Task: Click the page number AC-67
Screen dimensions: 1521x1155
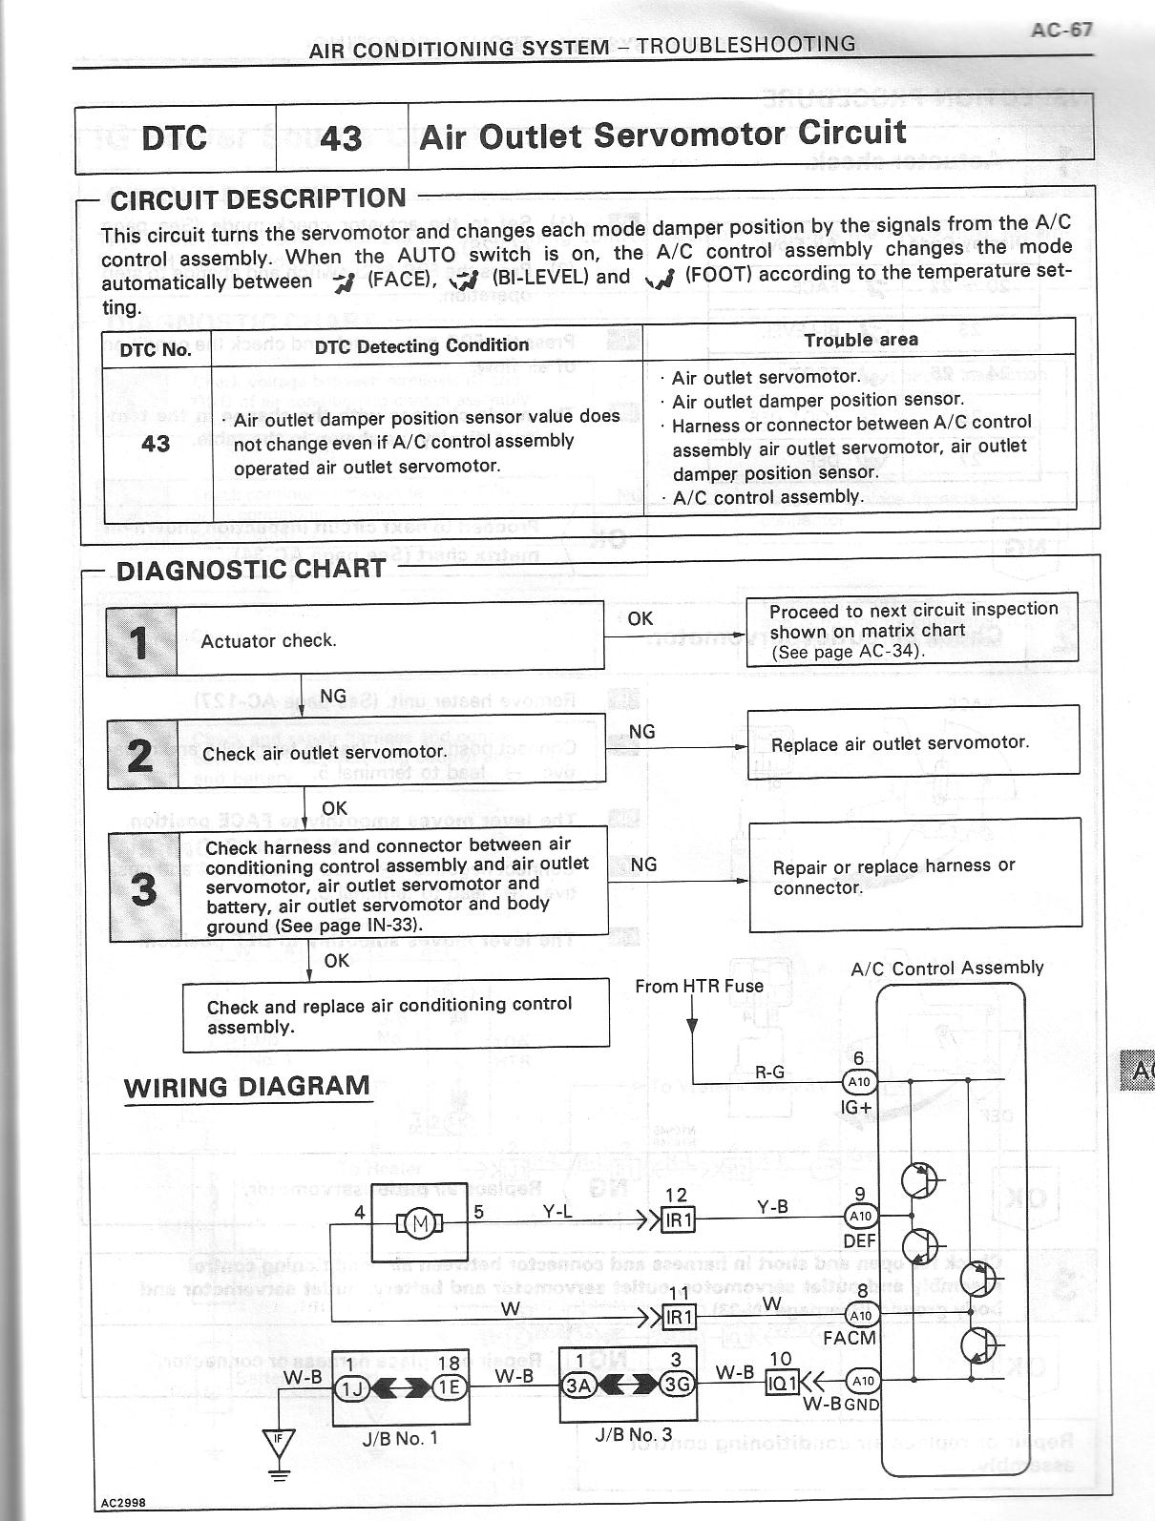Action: tap(1061, 30)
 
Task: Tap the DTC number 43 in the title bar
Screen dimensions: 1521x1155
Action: tap(341, 138)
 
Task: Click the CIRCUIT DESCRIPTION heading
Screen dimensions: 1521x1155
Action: tap(258, 199)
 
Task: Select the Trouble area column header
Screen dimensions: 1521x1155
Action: tap(860, 340)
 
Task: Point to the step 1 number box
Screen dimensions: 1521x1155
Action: tap(140, 641)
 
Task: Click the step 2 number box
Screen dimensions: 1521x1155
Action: tap(141, 754)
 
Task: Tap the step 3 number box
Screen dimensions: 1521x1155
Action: tap(143, 887)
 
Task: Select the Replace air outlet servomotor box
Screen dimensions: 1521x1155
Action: tap(913, 743)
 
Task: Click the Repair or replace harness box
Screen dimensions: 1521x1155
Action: tap(914, 875)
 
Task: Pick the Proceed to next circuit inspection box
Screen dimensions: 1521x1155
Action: tap(912, 628)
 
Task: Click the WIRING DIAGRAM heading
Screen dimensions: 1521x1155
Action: tap(246, 1087)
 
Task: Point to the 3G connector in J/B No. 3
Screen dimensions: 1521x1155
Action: tap(677, 1385)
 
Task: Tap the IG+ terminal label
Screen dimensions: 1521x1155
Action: tap(855, 1108)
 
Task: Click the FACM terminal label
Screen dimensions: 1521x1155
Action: tap(849, 1338)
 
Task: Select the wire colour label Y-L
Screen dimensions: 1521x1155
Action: tap(557, 1212)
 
